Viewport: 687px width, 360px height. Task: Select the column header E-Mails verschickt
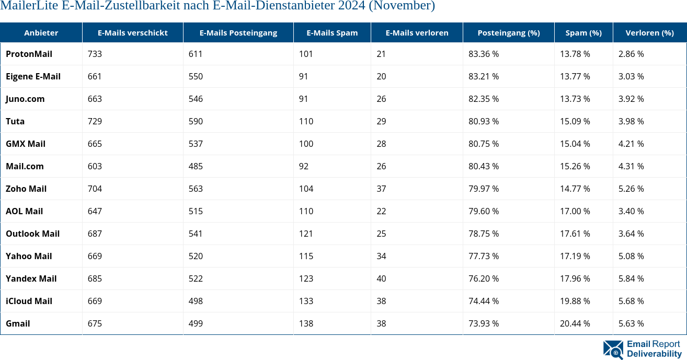pyautogui.click(x=133, y=32)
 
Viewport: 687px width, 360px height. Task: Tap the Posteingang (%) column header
pyautogui.click(x=508, y=32)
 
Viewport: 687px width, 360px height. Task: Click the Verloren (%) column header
pyautogui.click(x=649, y=32)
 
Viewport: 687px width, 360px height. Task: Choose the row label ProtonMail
pyautogui.click(x=29, y=54)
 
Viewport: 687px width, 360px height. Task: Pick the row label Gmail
pyautogui.click(x=18, y=323)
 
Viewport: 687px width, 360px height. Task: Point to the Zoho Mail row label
pyautogui.click(x=26, y=189)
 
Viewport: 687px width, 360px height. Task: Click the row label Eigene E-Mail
pyautogui.click(x=33, y=76)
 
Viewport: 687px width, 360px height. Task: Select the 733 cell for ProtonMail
pyautogui.click(x=95, y=54)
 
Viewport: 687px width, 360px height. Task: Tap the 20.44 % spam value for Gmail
pyautogui.click(x=575, y=323)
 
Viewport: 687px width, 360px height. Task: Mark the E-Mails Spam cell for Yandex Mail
pyautogui.click(x=306, y=278)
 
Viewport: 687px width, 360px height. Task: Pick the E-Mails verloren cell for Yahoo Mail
pyautogui.click(x=381, y=256)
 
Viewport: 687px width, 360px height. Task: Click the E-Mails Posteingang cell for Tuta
pyautogui.click(x=196, y=121)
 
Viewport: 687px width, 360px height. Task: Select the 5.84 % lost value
pyautogui.click(x=631, y=278)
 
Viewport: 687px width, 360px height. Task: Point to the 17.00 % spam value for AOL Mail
pyautogui.click(x=575, y=211)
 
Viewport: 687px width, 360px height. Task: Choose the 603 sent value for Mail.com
pyautogui.click(x=95, y=166)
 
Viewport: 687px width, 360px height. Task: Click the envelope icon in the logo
pyautogui.click(x=613, y=350)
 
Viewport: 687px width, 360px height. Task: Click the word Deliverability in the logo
pyautogui.click(x=654, y=354)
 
